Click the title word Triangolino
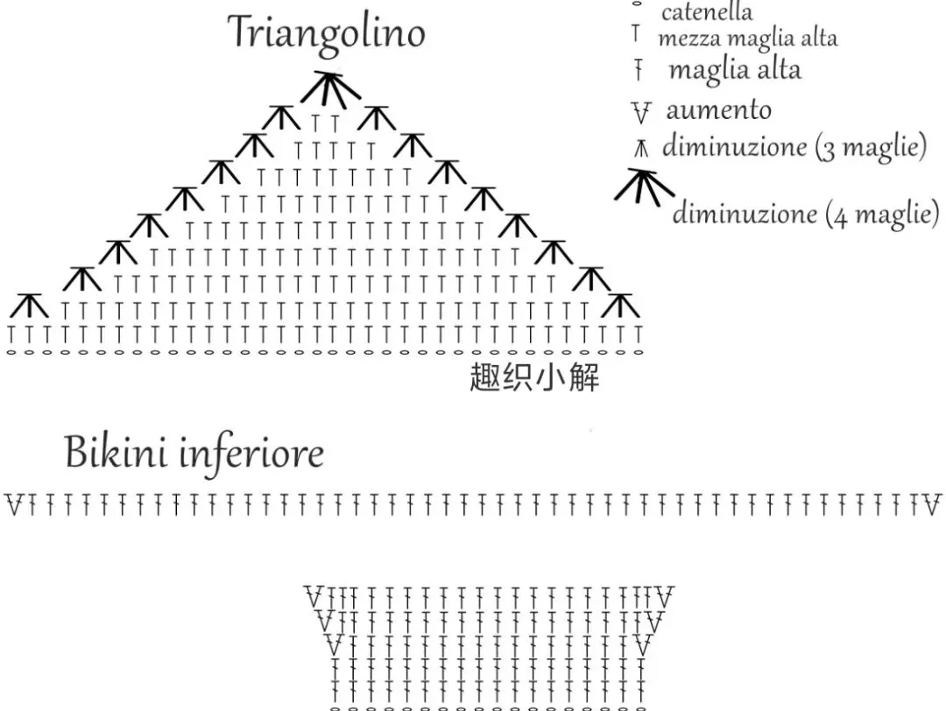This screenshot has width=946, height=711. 327,33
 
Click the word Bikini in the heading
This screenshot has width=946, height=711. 114,454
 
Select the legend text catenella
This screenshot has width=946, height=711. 706,12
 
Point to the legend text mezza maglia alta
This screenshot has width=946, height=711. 747,39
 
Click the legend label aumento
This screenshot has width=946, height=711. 718,110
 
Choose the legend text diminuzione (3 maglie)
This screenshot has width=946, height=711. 794,146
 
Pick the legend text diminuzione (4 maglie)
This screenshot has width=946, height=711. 805,213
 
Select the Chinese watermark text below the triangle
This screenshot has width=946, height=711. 534,379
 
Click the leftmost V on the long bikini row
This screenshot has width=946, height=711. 13,504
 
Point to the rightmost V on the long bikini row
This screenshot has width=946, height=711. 932,504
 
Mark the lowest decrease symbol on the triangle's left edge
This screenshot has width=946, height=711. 30,306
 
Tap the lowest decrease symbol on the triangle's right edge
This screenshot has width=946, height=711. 621,306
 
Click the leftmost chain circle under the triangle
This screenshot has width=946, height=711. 11,352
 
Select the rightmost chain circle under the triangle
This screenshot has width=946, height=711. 639,352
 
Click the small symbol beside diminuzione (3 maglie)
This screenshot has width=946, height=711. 641,149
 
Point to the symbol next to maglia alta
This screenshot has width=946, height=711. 639,70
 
